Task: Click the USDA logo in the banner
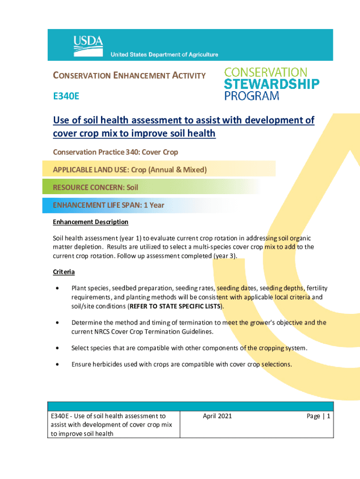pyautogui.click(x=87, y=43)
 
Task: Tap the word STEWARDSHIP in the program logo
pyautogui.click(x=272, y=85)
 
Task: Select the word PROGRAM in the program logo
pyautogui.click(x=252, y=96)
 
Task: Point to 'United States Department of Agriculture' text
pyautogui.click(x=164, y=55)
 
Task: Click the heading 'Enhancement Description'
pyautogui.click(x=90, y=222)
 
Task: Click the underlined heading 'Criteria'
pyautogui.click(x=64, y=272)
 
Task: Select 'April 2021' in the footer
pyautogui.click(x=217, y=416)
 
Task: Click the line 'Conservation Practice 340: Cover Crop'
pyautogui.click(x=115, y=152)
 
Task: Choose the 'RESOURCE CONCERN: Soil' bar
pyautogui.click(x=95, y=188)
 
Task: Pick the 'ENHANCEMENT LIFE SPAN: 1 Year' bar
pyautogui.click(x=108, y=205)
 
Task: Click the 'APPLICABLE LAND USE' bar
pyautogui.click(x=130, y=170)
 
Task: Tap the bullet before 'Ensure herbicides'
pyautogui.click(x=57, y=363)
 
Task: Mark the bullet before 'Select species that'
pyautogui.click(x=57, y=348)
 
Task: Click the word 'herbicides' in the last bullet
pyautogui.click(x=109, y=363)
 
